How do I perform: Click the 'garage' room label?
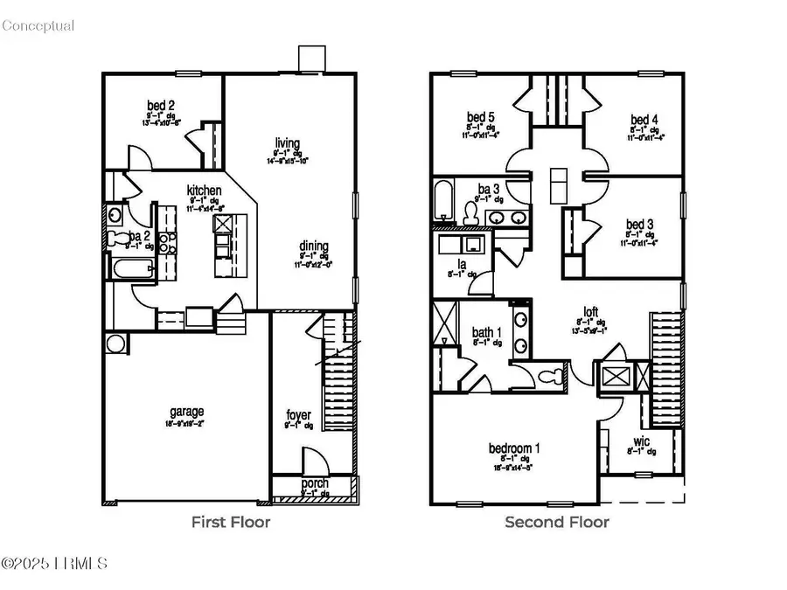click(x=186, y=411)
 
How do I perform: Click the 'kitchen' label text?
click(x=204, y=191)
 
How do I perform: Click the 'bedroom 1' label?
click(x=513, y=448)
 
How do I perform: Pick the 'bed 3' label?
click(x=635, y=224)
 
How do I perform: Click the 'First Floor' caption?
click(x=231, y=523)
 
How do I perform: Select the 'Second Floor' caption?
click(x=557, y=523)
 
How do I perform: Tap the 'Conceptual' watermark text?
click(x=38, y=25)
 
